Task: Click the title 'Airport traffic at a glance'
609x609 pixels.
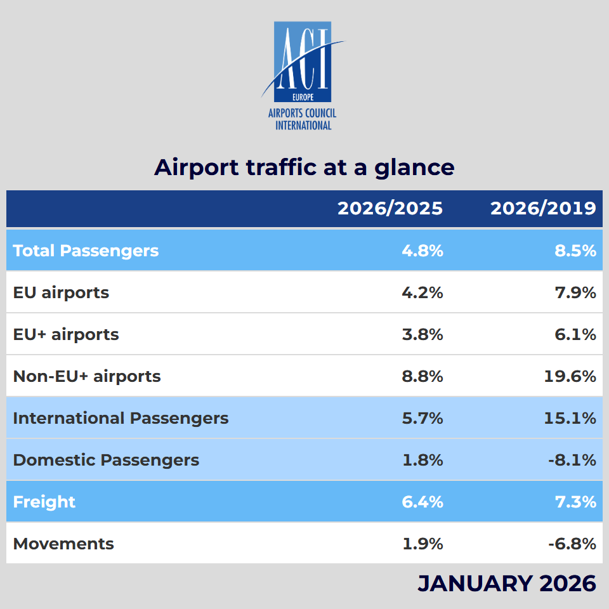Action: pyautogui.click(x=304, y=167)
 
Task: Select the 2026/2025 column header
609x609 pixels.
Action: pyautogui.click(x=390, y=209)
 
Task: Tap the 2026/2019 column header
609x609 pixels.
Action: pyautogui.click(x=543, y=209)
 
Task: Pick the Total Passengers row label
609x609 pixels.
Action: pyautogui.click(x=86, y=251)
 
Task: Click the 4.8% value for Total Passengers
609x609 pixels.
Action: pyautogui.click(x=422, y=251)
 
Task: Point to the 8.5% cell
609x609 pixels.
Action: pyautogui.click(x=575, y=251)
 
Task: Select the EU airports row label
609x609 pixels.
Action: pyautogui.click(x=61, y=292)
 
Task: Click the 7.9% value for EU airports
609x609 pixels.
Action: pyautogui.click(x=575, y=292)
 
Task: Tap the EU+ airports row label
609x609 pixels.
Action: pyautogui.click(x=66, y=334)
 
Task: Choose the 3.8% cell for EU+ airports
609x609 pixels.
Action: pyautogui.click(x=422, y=334)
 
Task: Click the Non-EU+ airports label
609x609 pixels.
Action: pyautogui.click(x=87, y=376)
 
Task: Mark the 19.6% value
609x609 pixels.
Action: pyautogui.click(x=570, y=376)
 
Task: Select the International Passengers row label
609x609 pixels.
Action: pyautogui.click(x=121, y=418)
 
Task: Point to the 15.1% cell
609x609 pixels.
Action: pyautogui.click(x=570, y=418)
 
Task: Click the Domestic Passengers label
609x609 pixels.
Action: pyautogui.click(x=106, y=460)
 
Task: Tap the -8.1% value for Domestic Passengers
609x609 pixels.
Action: pyautogui.click(x=572, y=460)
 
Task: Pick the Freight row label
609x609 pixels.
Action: pyautogui.click(x=44, y=502)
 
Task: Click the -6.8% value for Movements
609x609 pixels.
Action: pyautogui.click(x=572, y=544)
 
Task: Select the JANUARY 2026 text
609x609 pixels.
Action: pyautogui.click(x=506, y=583)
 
